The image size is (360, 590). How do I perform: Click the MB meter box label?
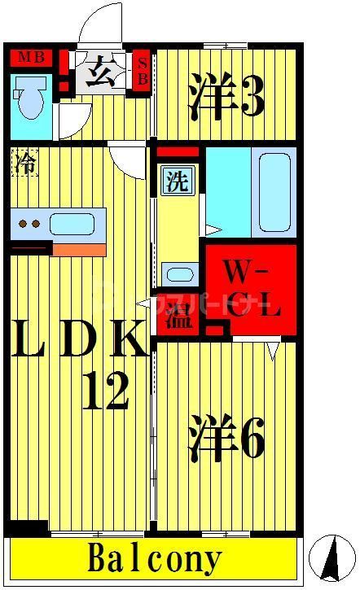click(31, 58)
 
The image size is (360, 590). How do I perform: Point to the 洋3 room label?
click(227, 94)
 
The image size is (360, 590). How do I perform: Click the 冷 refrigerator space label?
click(24, 163)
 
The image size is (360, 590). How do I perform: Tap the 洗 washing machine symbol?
click(176, 181)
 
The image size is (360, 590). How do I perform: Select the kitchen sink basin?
click(74, 222)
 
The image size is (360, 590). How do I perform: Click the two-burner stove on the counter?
click(30, 223)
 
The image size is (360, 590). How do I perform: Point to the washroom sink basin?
click(178, 273)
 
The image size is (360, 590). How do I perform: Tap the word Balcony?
click(155, 560)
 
